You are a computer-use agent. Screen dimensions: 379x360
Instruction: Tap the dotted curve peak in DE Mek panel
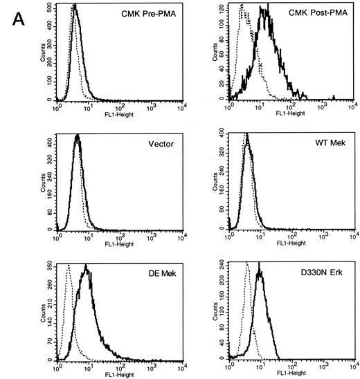pyautogui.click(x=67, y=265)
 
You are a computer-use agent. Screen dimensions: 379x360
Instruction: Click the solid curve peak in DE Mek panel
pyautogui.click(x=85, y=266)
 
